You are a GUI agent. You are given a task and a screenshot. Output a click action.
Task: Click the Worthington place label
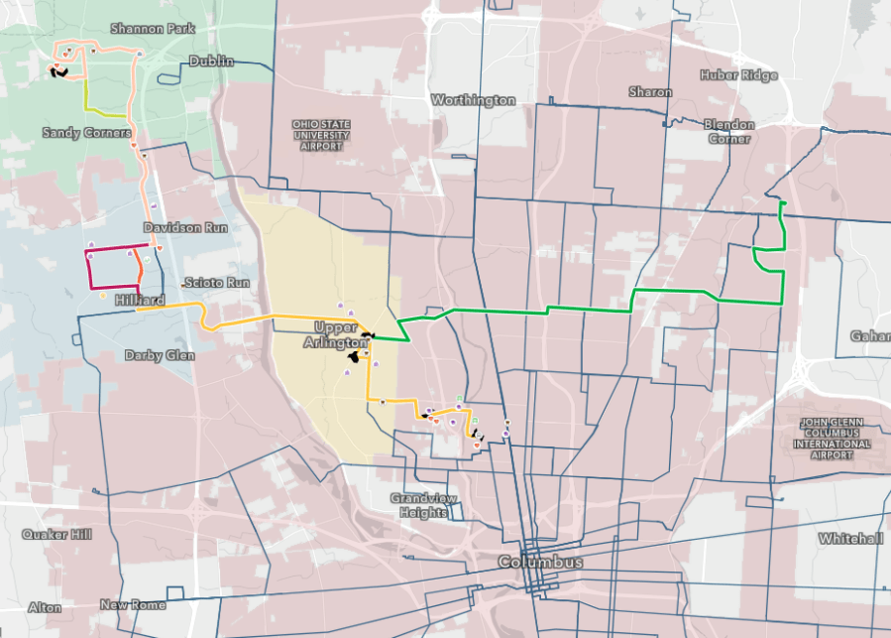point(473,100)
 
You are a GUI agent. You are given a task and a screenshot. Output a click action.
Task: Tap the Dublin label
point(211,62)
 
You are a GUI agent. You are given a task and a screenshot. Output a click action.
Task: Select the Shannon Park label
point(153,29)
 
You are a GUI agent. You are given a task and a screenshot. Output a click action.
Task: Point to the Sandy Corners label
point(87,132)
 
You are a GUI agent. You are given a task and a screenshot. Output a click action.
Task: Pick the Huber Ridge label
point(738,75)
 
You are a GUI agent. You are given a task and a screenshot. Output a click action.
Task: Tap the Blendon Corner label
point(728,131)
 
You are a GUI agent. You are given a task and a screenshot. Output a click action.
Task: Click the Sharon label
point(650,91)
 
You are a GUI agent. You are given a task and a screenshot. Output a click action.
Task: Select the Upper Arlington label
point(342,335)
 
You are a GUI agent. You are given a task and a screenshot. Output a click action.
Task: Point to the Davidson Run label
point(185,227)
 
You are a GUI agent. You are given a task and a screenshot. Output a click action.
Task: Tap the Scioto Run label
point(216,283)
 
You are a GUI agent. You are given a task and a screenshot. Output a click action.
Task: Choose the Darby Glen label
point(160,355)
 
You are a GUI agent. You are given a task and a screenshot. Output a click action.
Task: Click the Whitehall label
point(849,538)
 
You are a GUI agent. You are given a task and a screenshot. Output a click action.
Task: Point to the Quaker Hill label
point(56,535)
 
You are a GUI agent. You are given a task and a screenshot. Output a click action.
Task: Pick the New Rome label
point(132,604)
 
